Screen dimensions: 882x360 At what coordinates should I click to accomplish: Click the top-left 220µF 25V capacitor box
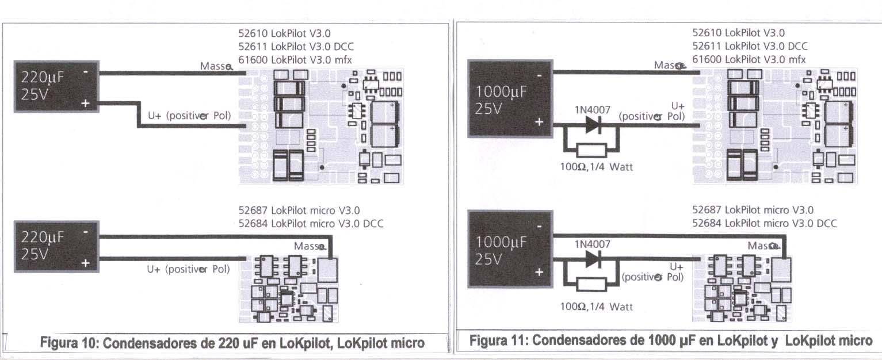click(x=56, y=87)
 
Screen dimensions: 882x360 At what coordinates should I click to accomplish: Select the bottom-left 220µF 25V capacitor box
click(x=56, y=247)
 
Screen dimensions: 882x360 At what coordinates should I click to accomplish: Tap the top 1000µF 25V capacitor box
click(x=510, y=98)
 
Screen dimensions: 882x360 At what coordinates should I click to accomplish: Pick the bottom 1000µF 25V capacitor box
click(x=510, y=249)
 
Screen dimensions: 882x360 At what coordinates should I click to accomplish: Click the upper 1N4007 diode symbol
click(x=593, y=125)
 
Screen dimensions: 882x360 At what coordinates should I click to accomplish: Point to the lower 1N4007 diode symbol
click(x=593, y=259)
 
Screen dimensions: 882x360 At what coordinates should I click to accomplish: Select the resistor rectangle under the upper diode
click(x=591, y=151)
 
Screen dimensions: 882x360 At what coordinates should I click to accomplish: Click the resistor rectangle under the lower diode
click(x=591, y=285)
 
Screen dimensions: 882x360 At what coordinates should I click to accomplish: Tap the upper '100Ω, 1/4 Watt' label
click(x=596, y=167)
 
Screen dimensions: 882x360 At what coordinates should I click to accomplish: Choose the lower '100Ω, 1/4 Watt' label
click(x=596, y=307)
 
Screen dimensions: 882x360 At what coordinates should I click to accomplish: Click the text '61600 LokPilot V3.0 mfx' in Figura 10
click(x=295, y=60)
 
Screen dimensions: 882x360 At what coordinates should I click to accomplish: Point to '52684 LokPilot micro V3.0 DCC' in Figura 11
click(x=765, y=224)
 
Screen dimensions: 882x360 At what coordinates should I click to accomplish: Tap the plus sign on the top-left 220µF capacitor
click(x=86, y=104)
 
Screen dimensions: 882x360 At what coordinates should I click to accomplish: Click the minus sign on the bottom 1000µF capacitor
click(x=540, y=227)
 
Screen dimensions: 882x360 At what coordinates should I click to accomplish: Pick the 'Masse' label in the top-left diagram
click(x=216, y=66)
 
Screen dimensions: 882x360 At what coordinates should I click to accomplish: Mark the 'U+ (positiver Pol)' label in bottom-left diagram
click(x=188, y=270)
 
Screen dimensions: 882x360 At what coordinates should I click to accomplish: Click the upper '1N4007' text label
click(x=592, y=110)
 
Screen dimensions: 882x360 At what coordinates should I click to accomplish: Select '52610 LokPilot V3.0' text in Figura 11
click(x=738, y=33)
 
